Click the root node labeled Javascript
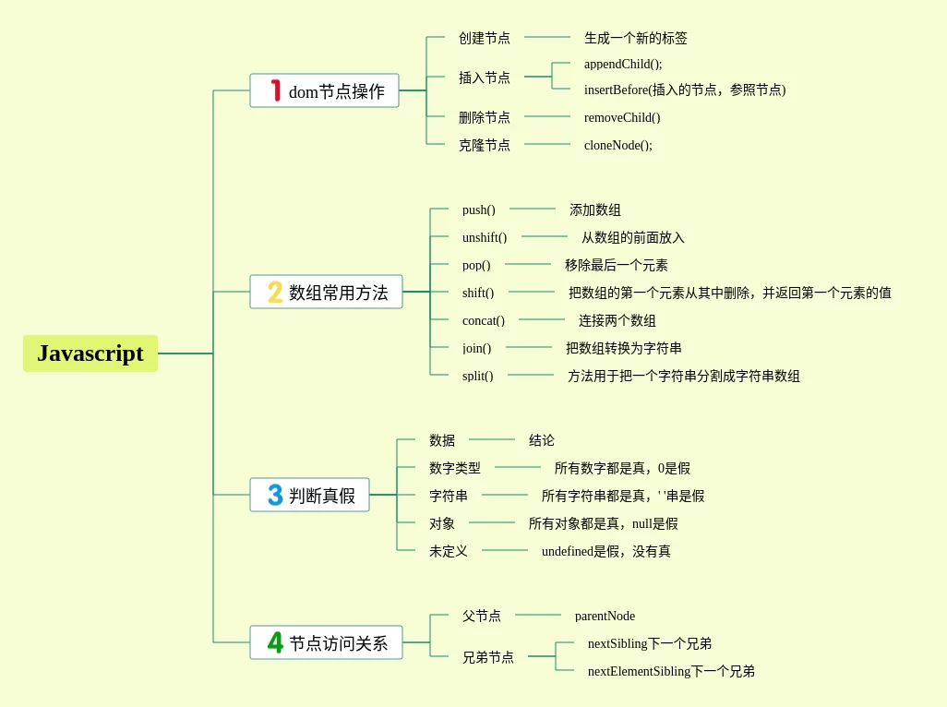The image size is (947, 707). pyautogui.click(x=90, y=353)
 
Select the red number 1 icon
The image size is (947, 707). pyautogui.click(x=275, y=90)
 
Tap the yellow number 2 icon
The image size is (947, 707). pyautogui.click(x=275, y=292)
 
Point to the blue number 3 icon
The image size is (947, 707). pyautogui.click(x=275, y=495)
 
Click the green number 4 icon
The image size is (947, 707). pyautogui.click(x=275, y=642)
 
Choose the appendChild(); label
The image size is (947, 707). pyautogui.click(x=623, y=64)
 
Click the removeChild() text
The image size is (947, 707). pyautogui.click(x=622, y=117)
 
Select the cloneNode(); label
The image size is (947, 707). pyautogui.click(x=617, y=145)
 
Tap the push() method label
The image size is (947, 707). pyautogui.click(x=478, y=210)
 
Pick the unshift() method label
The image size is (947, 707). pyautogui.click(x=485, y=237)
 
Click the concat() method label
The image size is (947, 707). pyautogui.click(x=484, y=320)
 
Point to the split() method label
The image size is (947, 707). pyautogui.click(x=477, y=376)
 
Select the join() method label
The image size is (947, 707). pyautogui.click(x=476, y=348)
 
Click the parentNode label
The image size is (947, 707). pyautogui.click(x=605, y=616)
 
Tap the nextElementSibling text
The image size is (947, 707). pyautogui.click(x=639, y=671)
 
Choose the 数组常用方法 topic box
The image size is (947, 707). pyautogui.click(x=326, y=292)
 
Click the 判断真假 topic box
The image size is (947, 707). pyautogui.click(x=309, y=495)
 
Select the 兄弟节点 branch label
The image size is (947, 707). pyautogui.click(x=488, y=657)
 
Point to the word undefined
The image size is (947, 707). pyautogui.click(x=567, y=551)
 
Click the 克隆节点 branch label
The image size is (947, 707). pyautogui.click(x=485, y=145)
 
